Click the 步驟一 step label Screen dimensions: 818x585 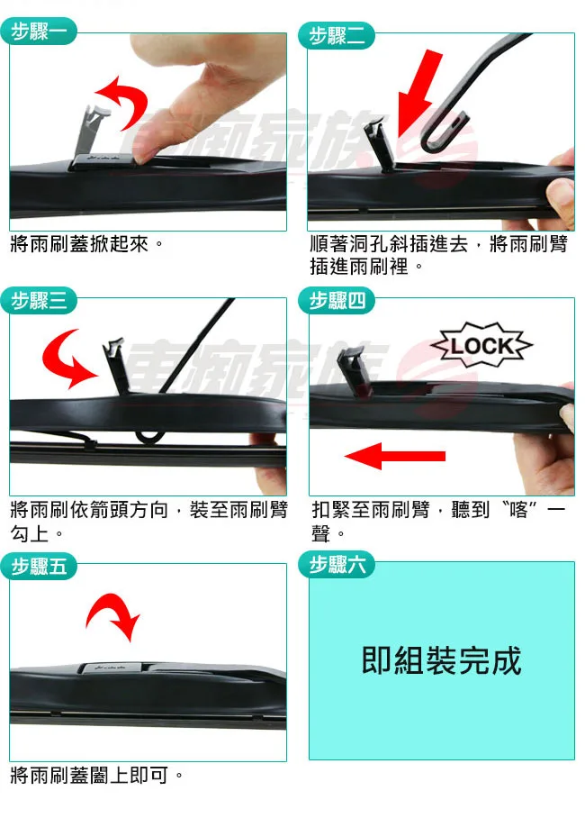tap(39, 33)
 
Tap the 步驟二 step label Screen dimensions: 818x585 tap(337, 36)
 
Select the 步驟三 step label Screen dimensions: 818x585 tap(39, 300)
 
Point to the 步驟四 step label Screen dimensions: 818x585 tap(337, 300)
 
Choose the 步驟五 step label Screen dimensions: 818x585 tap(39, 566)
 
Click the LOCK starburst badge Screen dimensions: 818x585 tap(481, 346)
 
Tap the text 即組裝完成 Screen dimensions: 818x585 tap(441, 660)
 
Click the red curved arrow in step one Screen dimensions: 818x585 tap(121, 99)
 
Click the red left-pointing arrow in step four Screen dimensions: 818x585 tap(396, 457)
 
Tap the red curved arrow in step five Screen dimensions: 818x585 tap(113, 617)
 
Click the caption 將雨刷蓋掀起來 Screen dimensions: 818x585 tap(86, 244)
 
